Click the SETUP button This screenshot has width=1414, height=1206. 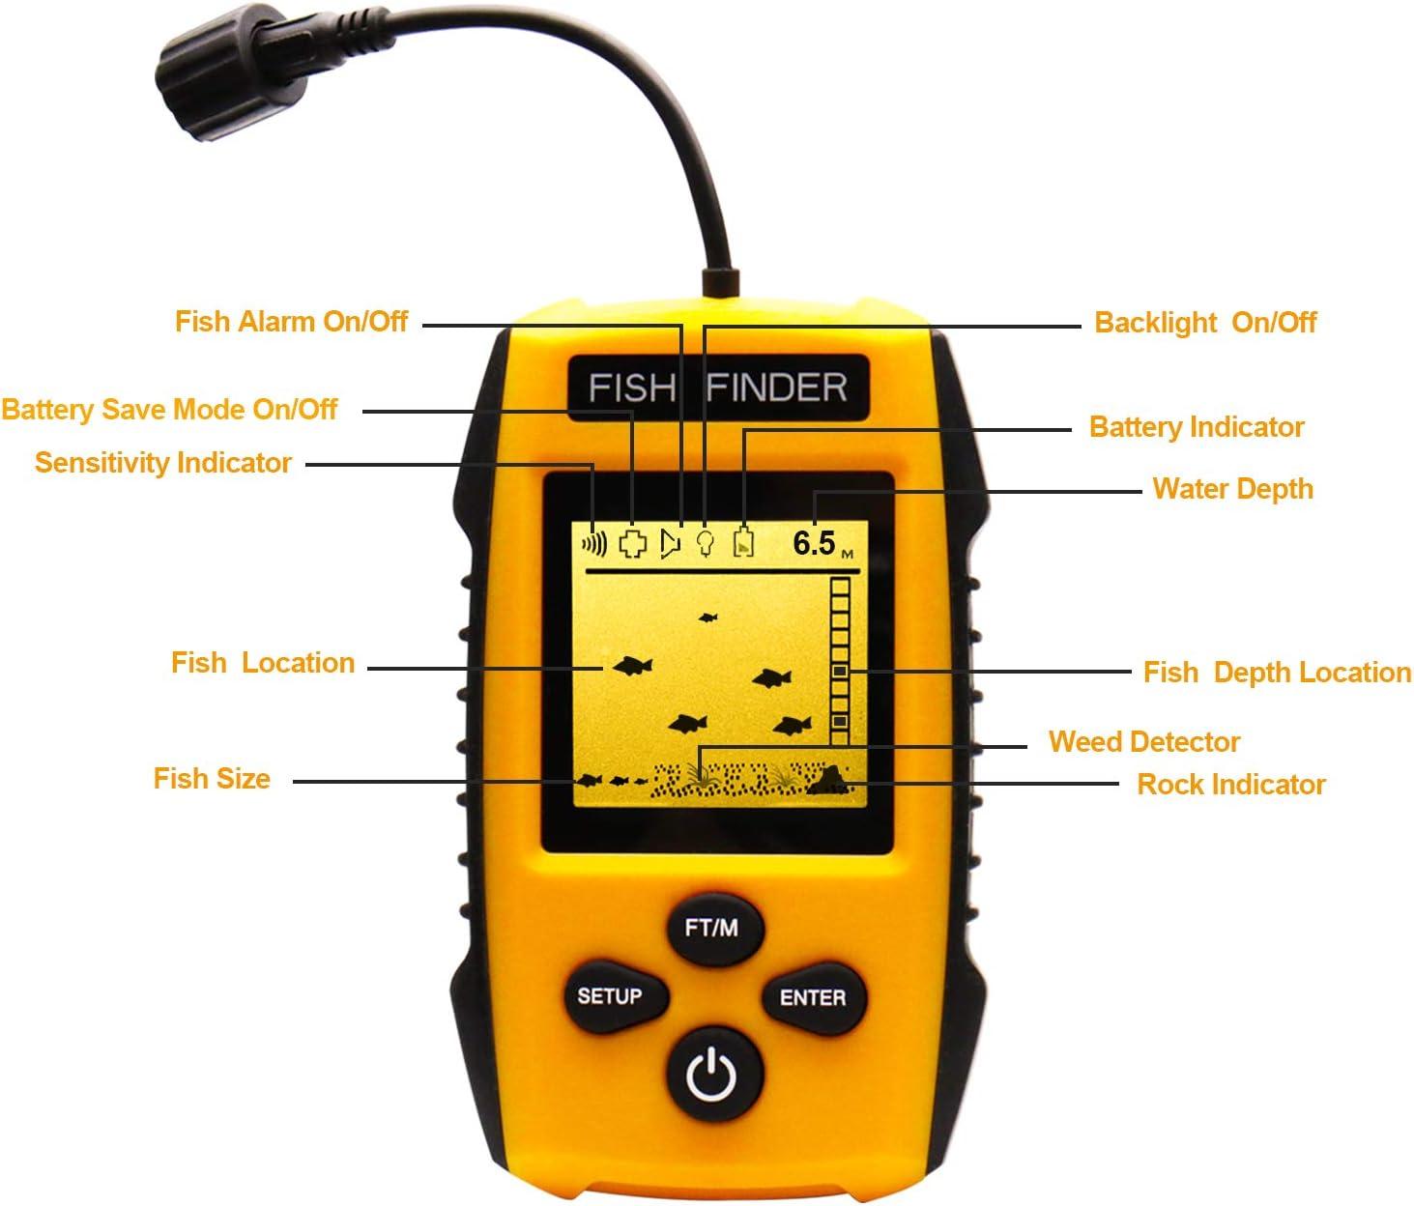(610, 996)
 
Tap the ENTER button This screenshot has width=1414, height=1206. (812, 997)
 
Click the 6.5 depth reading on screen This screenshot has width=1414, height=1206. (814, 543)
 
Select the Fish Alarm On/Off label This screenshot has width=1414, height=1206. (291, 321)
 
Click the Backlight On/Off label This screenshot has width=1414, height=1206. (1204, 323)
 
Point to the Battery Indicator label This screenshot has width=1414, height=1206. (1197, 427)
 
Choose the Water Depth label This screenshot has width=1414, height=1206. (1232, 489)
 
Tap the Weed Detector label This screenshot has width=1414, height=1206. (1143, 742)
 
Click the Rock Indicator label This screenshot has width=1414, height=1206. (1230, 785)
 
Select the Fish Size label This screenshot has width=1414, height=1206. (212, 779)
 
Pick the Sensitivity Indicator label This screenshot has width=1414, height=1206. (162, 463)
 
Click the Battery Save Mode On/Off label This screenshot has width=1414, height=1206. (169, 410)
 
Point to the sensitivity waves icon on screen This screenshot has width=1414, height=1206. (593, 544)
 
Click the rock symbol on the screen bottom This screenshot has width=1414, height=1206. (828, 779)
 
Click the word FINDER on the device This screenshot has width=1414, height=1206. (777, 388)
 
